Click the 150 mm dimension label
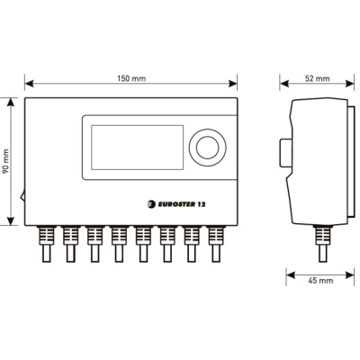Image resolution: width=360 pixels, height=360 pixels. pyautogui.click(x=131, y=78)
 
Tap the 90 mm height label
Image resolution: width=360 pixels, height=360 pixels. pyautogui.click(x=5, y=162)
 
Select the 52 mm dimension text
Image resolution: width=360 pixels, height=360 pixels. pyautogui.click(x=317, y=78)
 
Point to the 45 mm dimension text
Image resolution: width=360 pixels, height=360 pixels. pyautogui.click(x=320, y=281)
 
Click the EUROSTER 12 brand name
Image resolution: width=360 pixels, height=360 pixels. pyautogui.click(x=182, y=204)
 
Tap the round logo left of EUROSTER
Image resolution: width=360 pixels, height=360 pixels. pyautogui.click(x=151, y=204)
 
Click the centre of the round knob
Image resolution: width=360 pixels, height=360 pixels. pyautogui.click(x=208, y=148)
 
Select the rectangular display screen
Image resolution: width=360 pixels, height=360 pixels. pyautogui.click(x=138, y=148)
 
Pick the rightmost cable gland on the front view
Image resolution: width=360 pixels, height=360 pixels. pyautogui.click(x=216, y=244)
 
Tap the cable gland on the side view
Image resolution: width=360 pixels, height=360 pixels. pyautogui.click(x=322, y=244)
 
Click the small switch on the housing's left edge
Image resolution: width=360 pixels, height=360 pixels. pyautogui.click(x=22, y=197)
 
